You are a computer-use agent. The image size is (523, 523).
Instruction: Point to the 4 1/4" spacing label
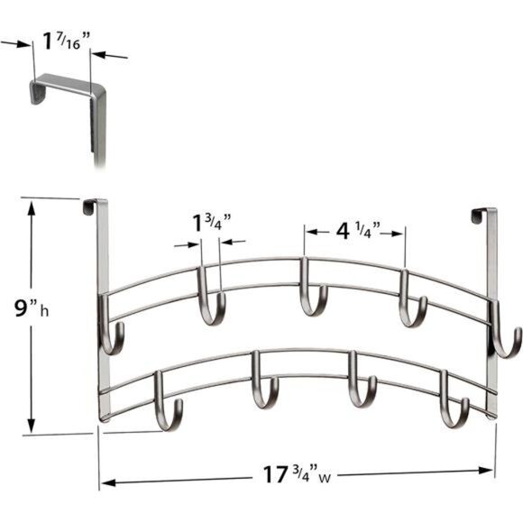coord(354,231)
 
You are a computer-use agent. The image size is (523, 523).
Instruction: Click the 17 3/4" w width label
coord(293,472)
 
